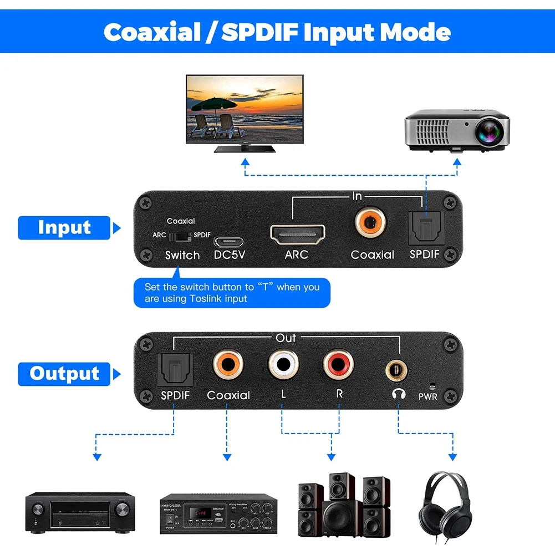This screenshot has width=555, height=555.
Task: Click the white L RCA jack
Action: click(x=283, y=365)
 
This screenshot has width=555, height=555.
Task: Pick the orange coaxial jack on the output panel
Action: click(x=228, y=365)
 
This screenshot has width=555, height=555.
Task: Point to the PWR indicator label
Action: click(x=428, y=396)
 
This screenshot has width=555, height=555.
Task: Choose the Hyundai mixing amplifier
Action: click(x=218, y=514)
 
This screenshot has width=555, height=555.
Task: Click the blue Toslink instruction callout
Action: click(x=232, y=293)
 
